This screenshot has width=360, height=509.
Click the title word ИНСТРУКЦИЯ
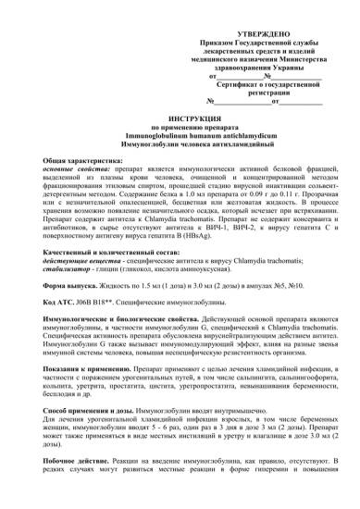point(181,121)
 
